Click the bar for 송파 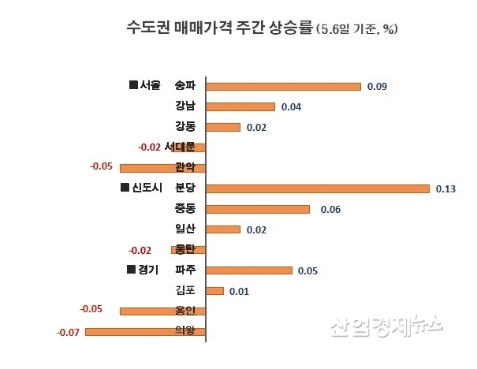[284, 86]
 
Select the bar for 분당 [318, 188]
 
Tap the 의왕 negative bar [145, 332]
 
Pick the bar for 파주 [249, 270]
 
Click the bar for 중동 [258, 209]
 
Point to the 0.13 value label [445, 189]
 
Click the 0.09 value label [377, 86]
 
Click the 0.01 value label [239, 292]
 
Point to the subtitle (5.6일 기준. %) [356, 30]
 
